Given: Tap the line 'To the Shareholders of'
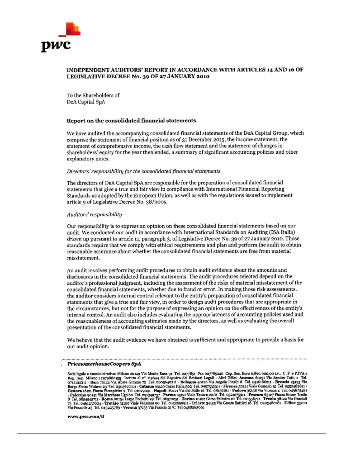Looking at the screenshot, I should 93,95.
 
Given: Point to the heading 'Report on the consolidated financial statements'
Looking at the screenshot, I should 131,121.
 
